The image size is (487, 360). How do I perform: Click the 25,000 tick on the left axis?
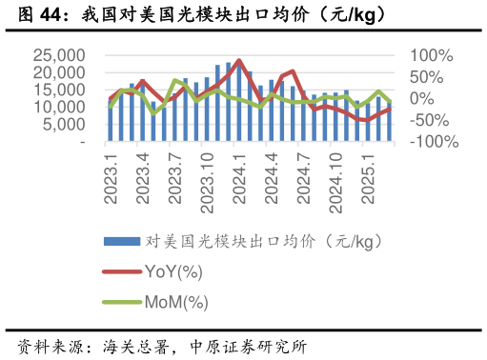59,56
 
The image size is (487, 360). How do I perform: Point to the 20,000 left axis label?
59,73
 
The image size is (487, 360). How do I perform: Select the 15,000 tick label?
59,90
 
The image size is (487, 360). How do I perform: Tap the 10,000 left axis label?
59,108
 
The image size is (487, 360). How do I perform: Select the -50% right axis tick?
429,120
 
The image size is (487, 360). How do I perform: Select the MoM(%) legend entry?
175,303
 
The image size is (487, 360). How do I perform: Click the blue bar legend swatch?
121,241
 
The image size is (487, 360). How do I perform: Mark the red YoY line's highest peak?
239,60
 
